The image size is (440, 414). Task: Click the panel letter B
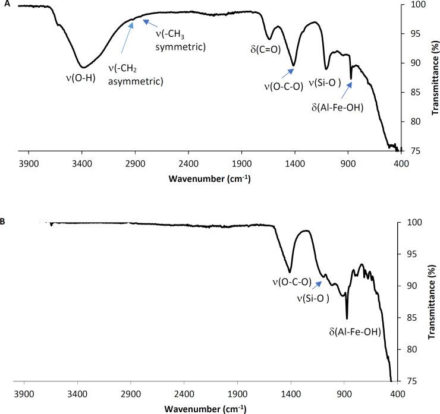click(x=4, y=222)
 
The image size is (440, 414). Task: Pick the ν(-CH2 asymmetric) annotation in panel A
click(x=135, y=76)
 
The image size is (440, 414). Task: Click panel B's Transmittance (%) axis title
click(x=432, y=302)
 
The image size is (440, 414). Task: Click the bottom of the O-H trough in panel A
click(x=83, y=67)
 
